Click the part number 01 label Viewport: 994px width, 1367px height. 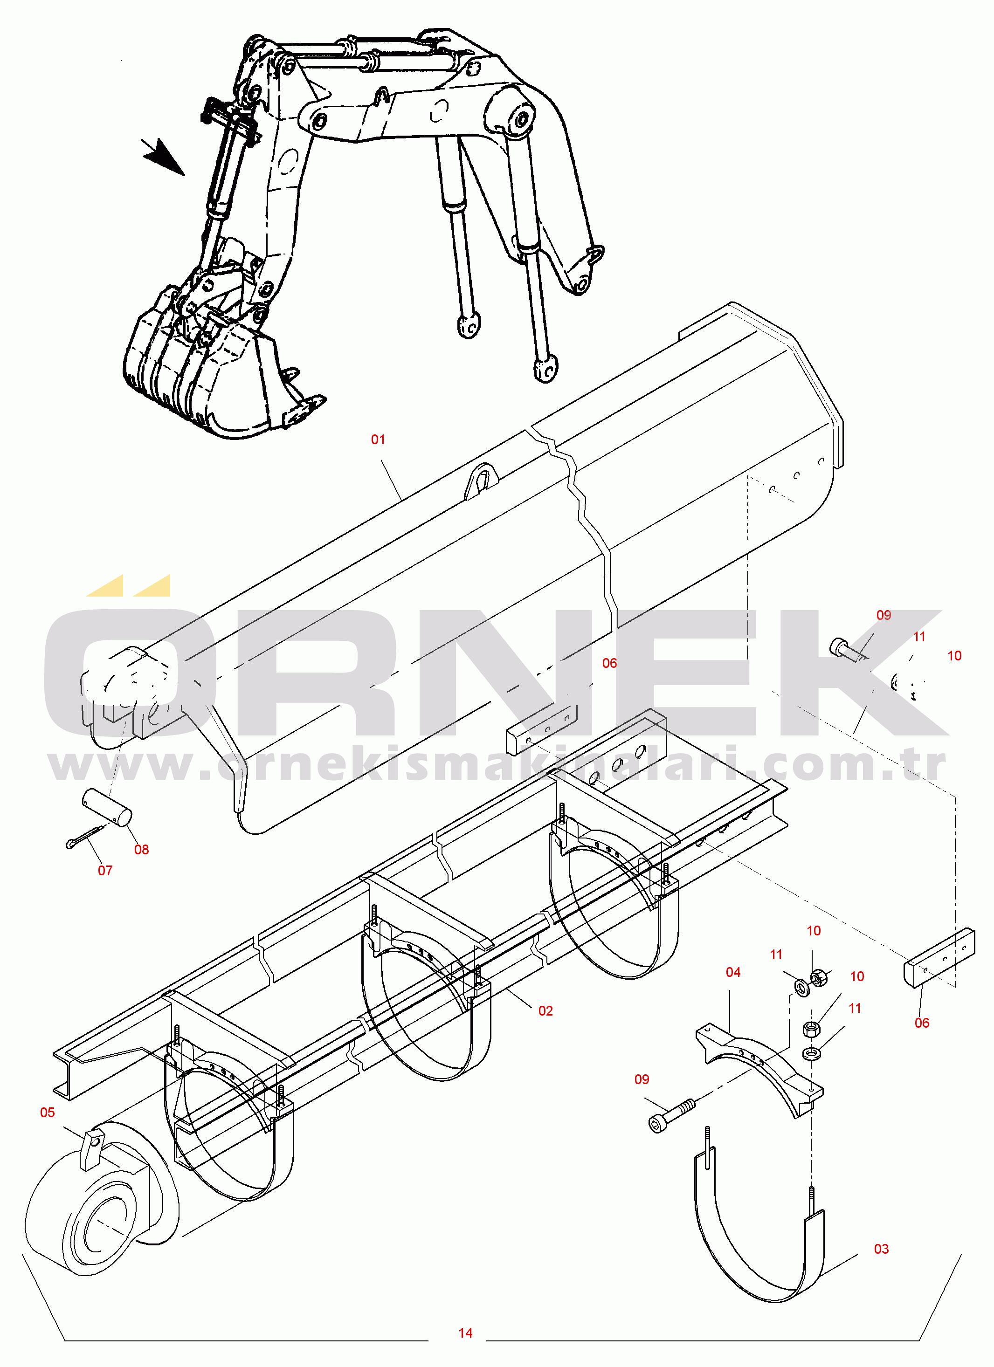tap(378, 440)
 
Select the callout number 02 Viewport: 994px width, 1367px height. tap(545, 1011)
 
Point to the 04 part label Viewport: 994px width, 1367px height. tap(733, 973)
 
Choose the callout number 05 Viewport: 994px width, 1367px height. tap(48, 1113)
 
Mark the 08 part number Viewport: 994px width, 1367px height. tap(142, 850)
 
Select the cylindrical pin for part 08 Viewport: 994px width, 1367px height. tap(107, 808)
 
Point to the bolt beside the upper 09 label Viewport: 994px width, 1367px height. tap(847, 650)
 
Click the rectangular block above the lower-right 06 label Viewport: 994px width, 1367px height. tap(939, 957)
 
